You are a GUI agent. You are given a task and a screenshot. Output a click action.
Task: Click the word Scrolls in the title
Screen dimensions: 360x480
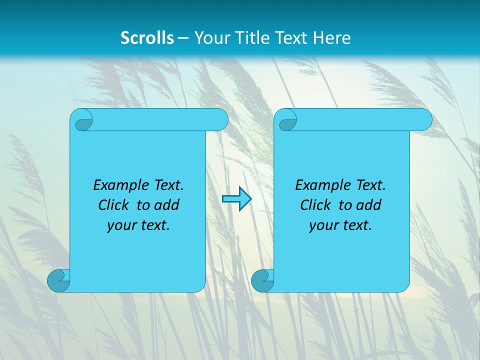pos(147,38)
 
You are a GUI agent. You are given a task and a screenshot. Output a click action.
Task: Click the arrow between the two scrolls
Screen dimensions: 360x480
pos(236,198)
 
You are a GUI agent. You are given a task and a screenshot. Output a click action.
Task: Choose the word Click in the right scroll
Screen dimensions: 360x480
pos(315,205)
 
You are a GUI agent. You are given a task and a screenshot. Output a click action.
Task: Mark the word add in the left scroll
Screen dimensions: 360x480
pos(167,205)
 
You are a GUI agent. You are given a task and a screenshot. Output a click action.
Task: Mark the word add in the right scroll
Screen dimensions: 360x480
pos(369,205)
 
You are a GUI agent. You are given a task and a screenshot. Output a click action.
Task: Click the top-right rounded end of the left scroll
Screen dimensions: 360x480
pos(219,120)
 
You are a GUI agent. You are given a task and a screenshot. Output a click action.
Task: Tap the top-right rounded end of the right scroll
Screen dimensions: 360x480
pos(423,120)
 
